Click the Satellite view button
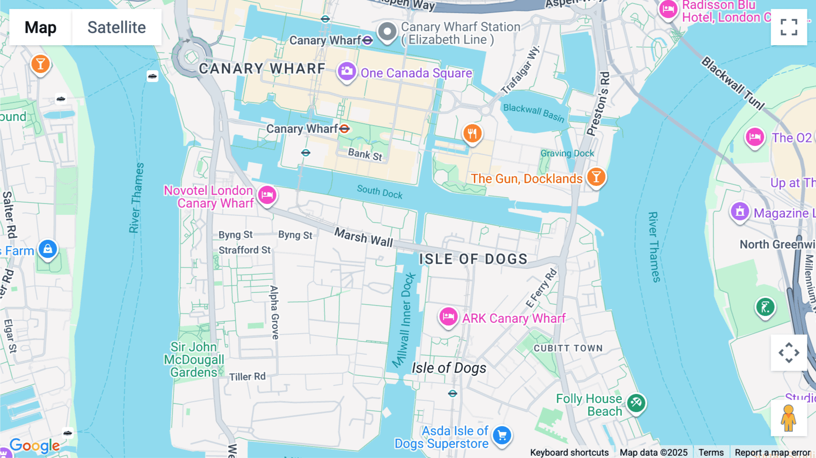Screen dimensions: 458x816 tap(117, 27)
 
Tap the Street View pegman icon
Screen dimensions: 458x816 tap(788, 418)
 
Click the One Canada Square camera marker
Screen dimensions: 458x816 tap(347, 72)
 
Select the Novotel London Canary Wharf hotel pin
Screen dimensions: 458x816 tap(267, 195)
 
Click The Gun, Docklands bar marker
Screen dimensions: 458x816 tap(596, 177)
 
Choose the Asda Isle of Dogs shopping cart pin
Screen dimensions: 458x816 tap(502, 436)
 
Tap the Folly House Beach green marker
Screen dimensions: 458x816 tap(636, 403)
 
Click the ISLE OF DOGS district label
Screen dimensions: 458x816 tap(473, 259)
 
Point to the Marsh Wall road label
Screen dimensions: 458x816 tap(364, 237)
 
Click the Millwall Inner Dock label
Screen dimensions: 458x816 tap(404, 320)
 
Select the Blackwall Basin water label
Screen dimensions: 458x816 tap(534, 112)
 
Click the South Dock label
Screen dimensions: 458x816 tap(379, 192)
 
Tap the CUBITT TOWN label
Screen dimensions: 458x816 tap(568, 348)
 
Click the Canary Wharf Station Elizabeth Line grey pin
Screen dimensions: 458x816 tap(387, 32)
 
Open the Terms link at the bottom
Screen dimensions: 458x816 tap(711, 452)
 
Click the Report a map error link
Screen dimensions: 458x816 tap(772, 452)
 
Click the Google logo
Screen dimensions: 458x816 tap(34, 445)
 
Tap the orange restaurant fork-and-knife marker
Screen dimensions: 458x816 tap(472, 134)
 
